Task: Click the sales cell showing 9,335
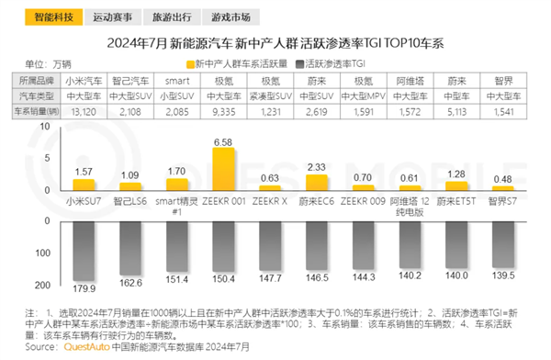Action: (x=224, y=111)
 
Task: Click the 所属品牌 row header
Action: (x=36, y=80)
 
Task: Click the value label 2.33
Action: (x=322, y=166)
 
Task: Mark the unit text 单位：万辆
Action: (x=47, y=63)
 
